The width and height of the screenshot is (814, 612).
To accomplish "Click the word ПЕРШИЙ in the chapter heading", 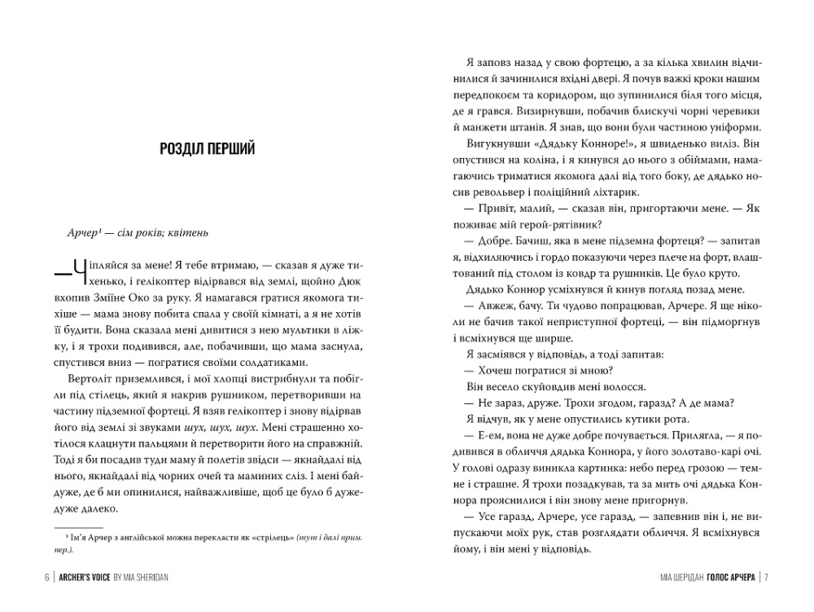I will tap(228, 148).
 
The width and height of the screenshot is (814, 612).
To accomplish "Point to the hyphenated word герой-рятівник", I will tap(561, 225).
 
